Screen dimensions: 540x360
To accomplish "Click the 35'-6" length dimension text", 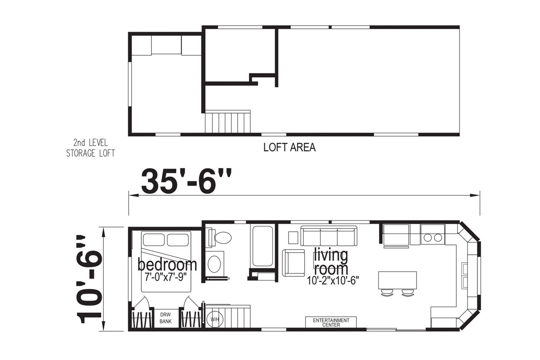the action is (x=186, y=181).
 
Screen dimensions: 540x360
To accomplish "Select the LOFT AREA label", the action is (x=289, y=148).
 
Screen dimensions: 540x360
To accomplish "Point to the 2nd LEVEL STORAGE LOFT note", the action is (x=90, y=148).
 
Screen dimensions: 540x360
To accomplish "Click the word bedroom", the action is (x=167, y=265).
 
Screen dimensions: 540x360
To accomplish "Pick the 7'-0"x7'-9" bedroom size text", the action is (x=166, y=277).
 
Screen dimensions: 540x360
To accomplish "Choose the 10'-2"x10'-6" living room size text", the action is (x=333, y=280).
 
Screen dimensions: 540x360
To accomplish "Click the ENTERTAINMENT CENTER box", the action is (x=331, y=322).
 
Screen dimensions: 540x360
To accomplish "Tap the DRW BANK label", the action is (x=166, y=318).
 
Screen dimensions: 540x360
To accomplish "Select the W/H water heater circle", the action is (x=215, y=319).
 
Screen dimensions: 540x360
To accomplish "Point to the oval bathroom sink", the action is (x=214, y=264).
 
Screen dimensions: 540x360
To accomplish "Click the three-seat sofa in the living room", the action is (x=329, y=236).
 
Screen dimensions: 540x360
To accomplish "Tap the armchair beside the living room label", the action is (x=294, y=263).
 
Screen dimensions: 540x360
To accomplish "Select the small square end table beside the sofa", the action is (x=293, y=238).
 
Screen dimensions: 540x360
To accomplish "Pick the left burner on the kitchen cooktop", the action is (x=428, y=238).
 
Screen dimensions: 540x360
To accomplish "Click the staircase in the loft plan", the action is (x=227, y=121).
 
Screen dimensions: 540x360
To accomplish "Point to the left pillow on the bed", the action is (x=153, y=240).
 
